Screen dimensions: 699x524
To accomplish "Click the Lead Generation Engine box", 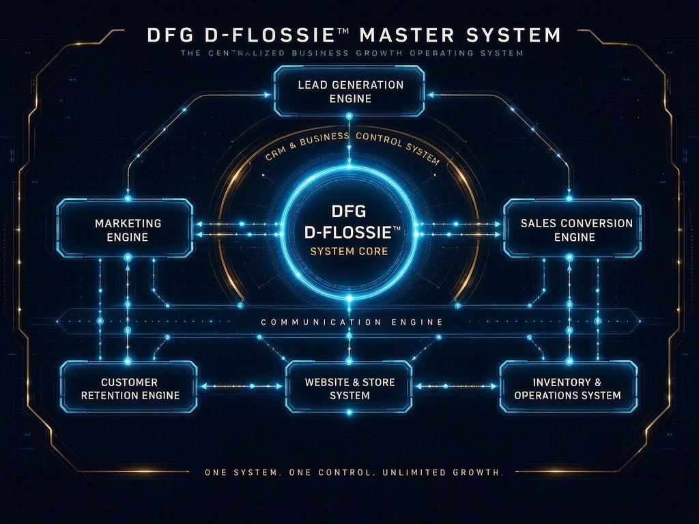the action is (x=349, y=91).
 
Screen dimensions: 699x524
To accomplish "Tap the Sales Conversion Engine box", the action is (x=573, y=229).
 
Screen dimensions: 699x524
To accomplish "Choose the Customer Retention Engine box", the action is (x=129, y=387).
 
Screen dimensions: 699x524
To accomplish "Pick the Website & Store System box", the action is (x=349, y=387).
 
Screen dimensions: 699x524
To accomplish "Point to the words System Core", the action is (x=349, y=251).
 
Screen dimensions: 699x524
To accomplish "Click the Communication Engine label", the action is (x=352, y=322).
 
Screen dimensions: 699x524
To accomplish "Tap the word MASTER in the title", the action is (x=406, y=35).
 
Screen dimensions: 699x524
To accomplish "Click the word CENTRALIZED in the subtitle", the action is (x=246, y=53).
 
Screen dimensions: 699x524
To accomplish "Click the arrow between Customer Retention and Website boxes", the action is (x=242, y=386).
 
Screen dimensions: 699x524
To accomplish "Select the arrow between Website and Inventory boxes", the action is (x=455, y=386).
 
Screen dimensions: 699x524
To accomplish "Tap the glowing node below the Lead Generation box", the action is (x=349, y=116).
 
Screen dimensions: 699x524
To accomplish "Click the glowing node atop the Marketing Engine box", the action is (x=128, y=199).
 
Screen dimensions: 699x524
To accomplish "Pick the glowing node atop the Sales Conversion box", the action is (x=569, y=199).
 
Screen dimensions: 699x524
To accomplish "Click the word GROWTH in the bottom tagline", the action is (x=478, y=472).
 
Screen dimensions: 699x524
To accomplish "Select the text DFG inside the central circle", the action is (x=349, y=211).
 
